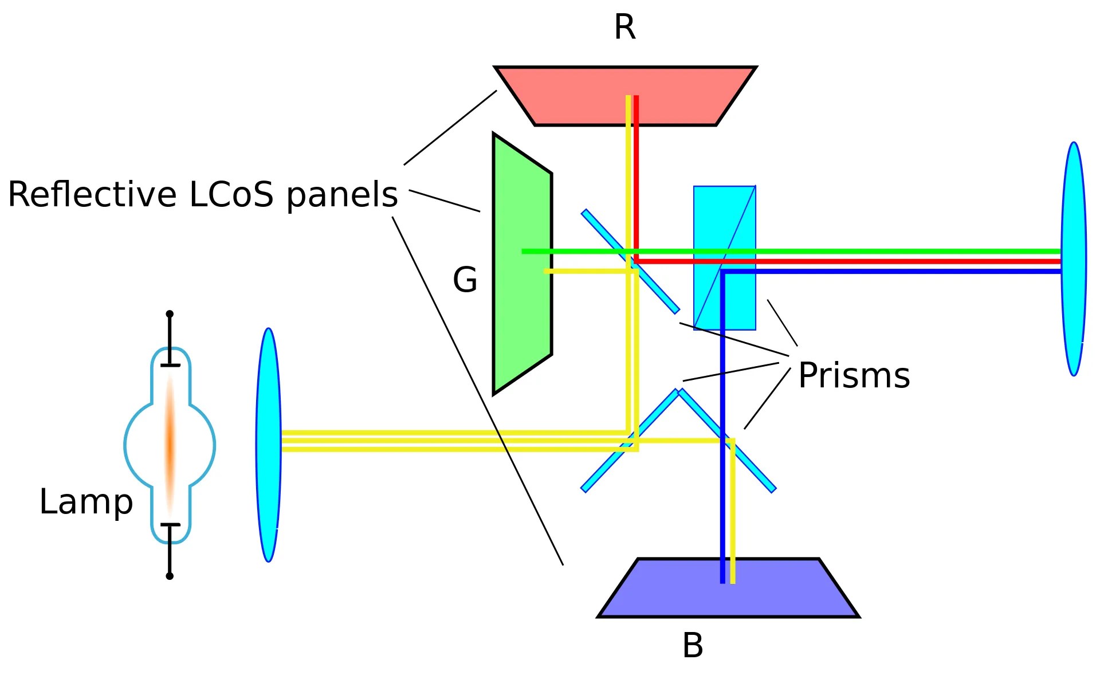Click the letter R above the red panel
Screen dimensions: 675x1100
coord(624,28)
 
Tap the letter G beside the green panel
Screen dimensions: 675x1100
coord(465,280)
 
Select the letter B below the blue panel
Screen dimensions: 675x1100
coord(692,646)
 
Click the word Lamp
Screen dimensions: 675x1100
coord(86,502)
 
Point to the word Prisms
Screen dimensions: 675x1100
coord(854,376)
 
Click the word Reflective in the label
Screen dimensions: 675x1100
coord(92,195)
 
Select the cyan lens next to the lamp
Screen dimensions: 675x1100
coord(268,445)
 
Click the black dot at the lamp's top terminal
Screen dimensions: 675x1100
coord(170,314)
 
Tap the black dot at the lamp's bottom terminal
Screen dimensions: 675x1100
coord(170,576)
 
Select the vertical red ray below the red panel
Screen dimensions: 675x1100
coord(636,172)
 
